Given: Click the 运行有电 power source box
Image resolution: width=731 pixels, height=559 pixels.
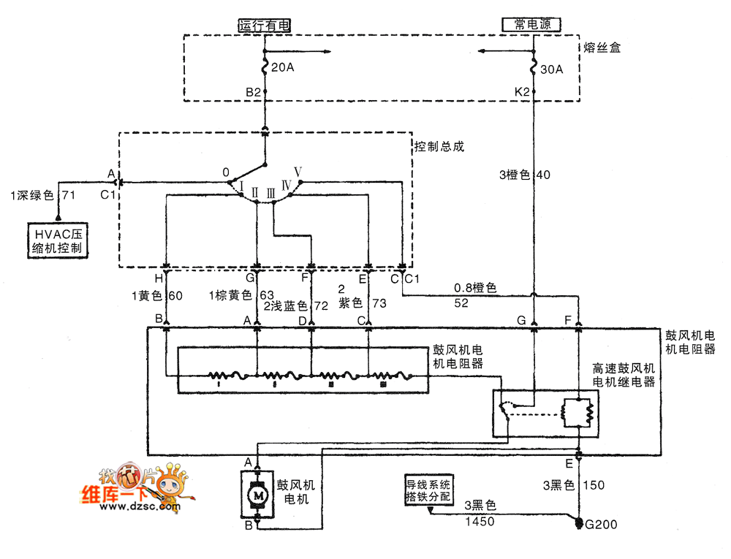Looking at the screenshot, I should [x=265, y=25].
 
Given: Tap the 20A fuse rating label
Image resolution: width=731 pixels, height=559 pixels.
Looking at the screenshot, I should [x=282, y=67].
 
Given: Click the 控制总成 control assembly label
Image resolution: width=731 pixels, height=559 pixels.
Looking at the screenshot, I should [x=439, y=146].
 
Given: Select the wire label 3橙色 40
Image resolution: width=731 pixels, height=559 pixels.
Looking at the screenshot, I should [x=525, y=175].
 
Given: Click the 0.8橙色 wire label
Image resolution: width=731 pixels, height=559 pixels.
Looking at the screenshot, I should [x=475, y=288].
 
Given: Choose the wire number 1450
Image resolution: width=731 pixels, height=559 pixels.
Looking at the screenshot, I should [x=480, y=521].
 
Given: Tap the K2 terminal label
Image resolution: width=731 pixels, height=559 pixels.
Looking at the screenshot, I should [x=522, y=92].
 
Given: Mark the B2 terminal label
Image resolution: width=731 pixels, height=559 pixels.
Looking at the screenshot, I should [x=253, y=92].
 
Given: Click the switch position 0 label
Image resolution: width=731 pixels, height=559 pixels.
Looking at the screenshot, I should [x=227, y=173].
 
